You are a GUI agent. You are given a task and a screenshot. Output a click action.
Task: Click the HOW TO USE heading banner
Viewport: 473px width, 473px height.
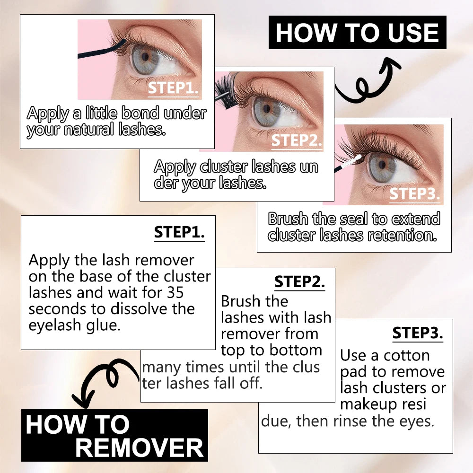[357, 32]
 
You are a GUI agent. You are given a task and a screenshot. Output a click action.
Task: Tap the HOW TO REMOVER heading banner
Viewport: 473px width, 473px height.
[114, 435]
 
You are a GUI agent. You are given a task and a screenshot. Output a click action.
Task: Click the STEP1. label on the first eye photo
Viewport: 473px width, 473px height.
[173, 88]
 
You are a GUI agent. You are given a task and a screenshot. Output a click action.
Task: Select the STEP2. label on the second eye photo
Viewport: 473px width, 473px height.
[297, 140]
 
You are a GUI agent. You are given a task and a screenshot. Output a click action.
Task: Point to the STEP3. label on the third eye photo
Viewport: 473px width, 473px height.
[414, 193]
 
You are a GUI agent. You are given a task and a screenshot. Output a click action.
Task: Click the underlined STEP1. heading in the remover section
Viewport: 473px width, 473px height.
[179, 232]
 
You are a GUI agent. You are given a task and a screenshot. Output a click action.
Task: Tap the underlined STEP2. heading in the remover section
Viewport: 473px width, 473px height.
[299, 282]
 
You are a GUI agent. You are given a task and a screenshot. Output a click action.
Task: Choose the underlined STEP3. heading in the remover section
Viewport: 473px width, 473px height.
[418, 333]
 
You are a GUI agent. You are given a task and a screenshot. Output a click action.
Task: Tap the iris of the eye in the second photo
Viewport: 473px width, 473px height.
[266, 110]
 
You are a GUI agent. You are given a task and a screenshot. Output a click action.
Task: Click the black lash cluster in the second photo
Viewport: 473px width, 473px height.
[226, 88]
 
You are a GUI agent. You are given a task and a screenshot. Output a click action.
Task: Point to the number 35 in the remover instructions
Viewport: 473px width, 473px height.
[175, 293]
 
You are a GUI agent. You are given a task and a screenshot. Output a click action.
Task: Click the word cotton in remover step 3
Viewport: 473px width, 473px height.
[406, 356]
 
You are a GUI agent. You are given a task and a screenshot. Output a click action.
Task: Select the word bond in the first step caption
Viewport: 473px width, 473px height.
[140, 113]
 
